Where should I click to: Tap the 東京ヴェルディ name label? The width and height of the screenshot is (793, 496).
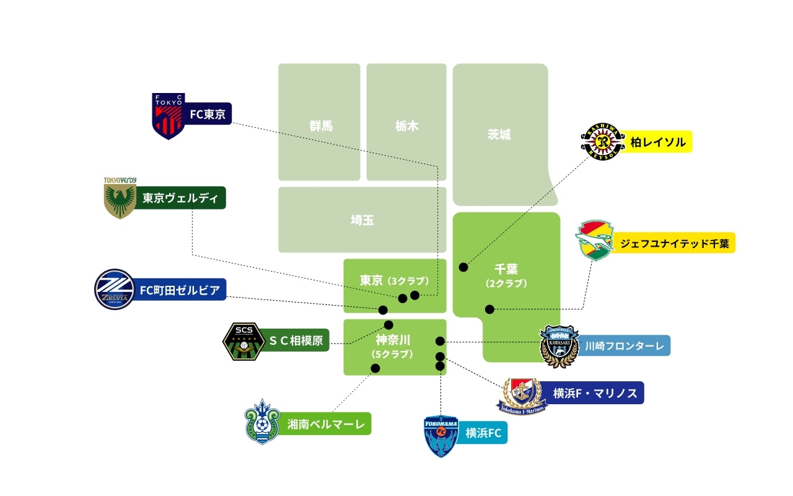click(x=180, y=198)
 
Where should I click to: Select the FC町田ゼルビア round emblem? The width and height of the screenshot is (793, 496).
click(x=115, y=290)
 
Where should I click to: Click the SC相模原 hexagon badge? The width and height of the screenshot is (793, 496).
click(x=243, y=342)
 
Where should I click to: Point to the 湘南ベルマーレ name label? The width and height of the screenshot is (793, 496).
click(x=325, y=424)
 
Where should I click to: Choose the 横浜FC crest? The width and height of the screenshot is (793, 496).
click(x=440, y=435)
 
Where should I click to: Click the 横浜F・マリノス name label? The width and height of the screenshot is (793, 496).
click(x=594, y=393)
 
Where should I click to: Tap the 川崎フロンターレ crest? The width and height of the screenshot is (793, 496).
click(x=559, y=346)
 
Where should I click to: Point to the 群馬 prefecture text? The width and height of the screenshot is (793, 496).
click(x=321, y=126)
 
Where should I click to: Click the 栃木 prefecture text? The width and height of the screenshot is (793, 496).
click(x=407, y=126)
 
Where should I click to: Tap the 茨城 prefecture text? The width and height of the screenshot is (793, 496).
click(x=499, y=135)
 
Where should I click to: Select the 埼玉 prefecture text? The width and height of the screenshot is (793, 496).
click(x=362, y=220)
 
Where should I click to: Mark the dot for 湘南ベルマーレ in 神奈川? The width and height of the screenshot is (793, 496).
click(x=375, y=368)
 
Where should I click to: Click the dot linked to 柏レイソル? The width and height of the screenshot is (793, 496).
click(x=463, y=267)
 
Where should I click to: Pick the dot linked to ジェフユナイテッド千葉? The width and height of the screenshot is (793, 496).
click(x=489, y=309)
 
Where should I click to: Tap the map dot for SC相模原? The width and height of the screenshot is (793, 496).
click(x=389, y=325)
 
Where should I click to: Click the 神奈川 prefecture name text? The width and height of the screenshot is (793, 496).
click(x=393, y=340)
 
